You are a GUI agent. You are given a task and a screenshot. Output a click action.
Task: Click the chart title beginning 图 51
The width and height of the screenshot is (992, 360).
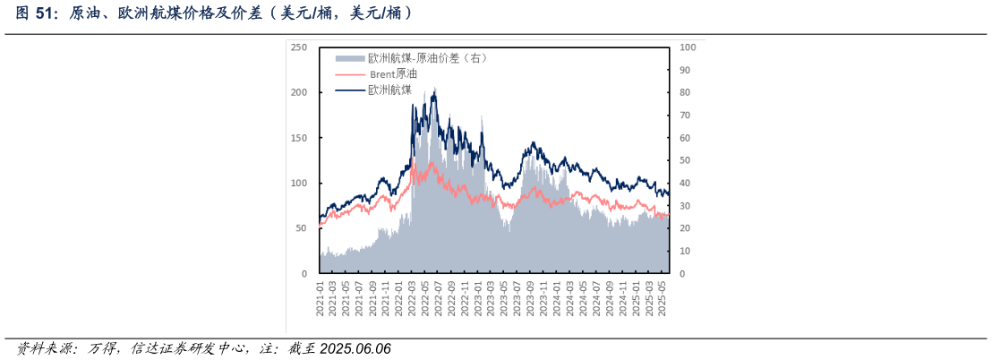click(x=214, y=13)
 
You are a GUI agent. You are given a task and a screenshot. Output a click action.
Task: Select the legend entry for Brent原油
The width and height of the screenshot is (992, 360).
click(x=394, y=73)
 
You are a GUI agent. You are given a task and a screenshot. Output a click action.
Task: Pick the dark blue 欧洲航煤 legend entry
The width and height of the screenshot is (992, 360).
click(x=389, y=90)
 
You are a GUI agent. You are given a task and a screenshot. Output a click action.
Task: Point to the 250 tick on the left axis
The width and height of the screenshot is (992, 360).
click(x=299, y=47)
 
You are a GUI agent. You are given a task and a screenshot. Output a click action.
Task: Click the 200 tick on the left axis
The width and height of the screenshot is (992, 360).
click(x=299, y=92)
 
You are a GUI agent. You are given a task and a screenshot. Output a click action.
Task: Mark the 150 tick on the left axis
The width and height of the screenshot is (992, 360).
click(x=299, y=138)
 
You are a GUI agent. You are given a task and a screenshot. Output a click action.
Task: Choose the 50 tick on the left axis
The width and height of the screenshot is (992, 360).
click(x=302, y=228)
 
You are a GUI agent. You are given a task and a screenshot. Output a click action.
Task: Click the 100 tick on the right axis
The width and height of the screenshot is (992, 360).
click(x=688, y=47)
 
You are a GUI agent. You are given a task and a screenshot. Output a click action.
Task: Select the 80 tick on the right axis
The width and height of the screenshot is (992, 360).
click(x=685, y=92)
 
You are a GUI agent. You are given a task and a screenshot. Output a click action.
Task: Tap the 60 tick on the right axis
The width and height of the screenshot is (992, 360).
click(x=685, y=138)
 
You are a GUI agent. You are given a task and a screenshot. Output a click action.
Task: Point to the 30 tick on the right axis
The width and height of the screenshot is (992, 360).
click(x=685, y=206)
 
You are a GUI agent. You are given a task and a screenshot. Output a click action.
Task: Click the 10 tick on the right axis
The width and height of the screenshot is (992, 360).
click(x=685, y=251)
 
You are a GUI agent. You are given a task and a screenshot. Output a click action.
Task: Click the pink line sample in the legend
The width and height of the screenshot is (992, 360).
click(x=350, y=73)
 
